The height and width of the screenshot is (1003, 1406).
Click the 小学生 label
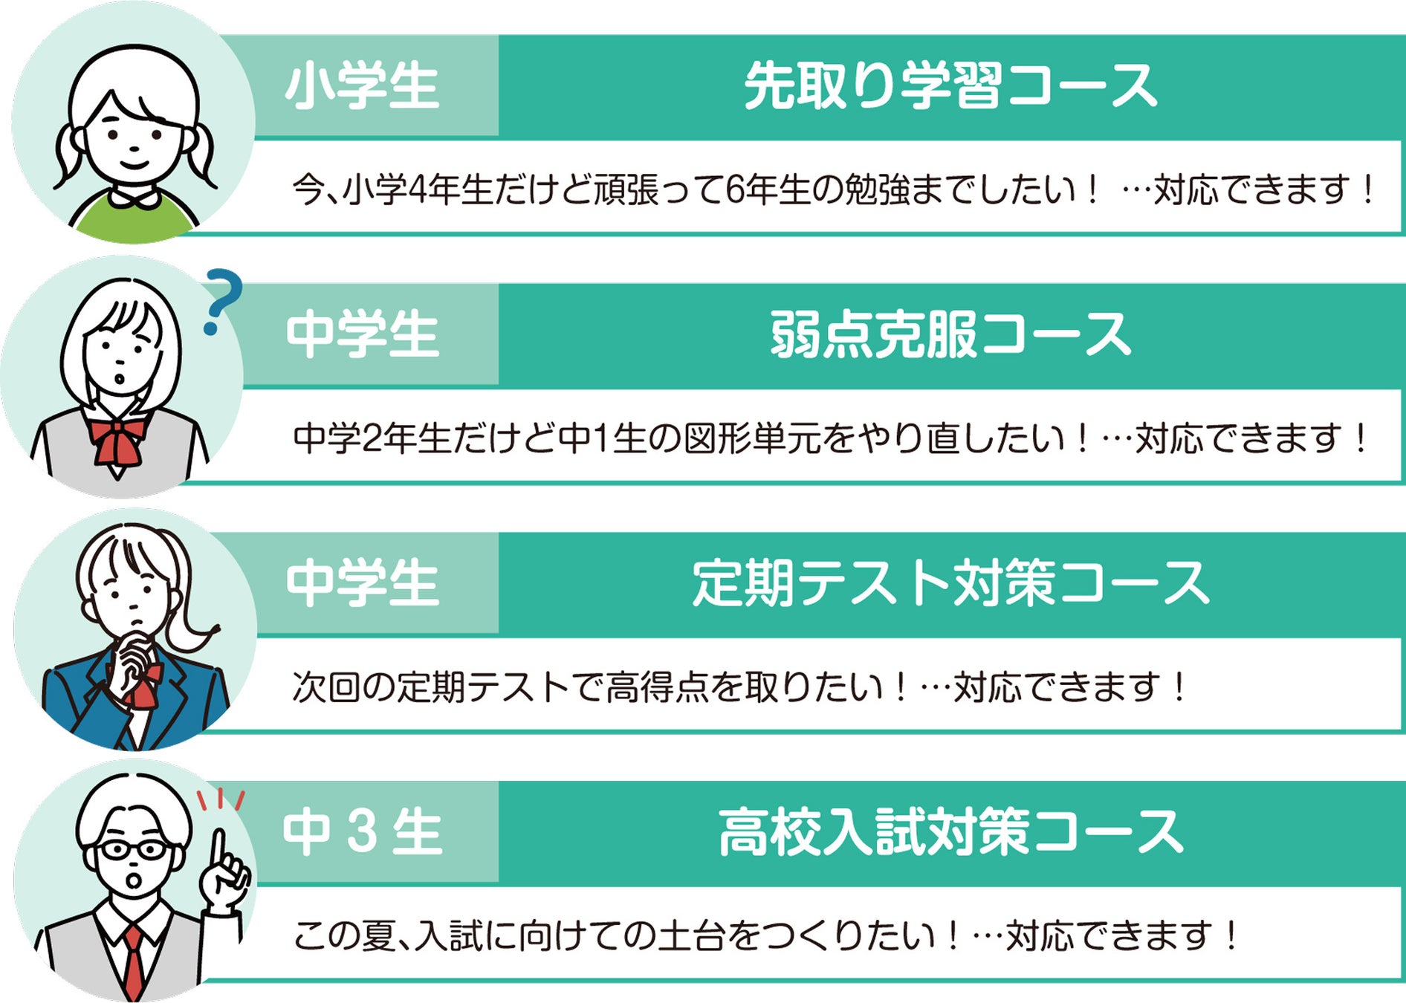(362, 86)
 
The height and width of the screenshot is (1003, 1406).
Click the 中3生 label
(362, 832)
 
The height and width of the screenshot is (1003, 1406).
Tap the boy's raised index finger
(218, 851)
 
